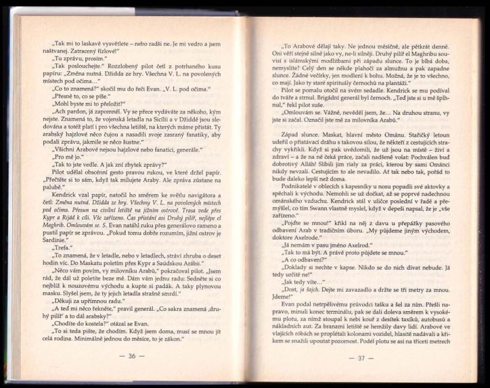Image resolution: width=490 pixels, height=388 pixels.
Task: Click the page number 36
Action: tap(132, 356)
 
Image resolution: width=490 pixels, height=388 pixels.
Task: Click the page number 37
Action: tap(362, 358)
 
